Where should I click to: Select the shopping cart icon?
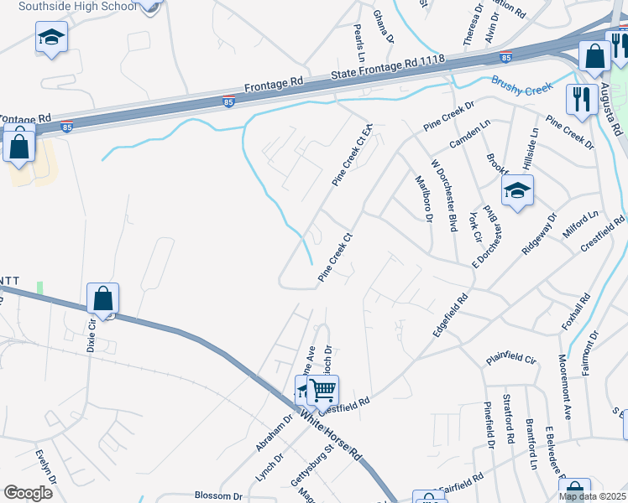coord(323,389)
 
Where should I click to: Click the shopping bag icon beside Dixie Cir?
coord(102,298)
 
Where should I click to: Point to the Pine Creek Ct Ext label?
coord(352,156)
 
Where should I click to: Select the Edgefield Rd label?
coord(450,315)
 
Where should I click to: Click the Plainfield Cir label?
coord(510,359)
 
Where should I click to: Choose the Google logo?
coord(28,493)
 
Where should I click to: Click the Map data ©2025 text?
coord(593,496)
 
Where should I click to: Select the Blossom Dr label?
coord(218,495)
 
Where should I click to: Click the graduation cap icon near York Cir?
coord(517,191)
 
